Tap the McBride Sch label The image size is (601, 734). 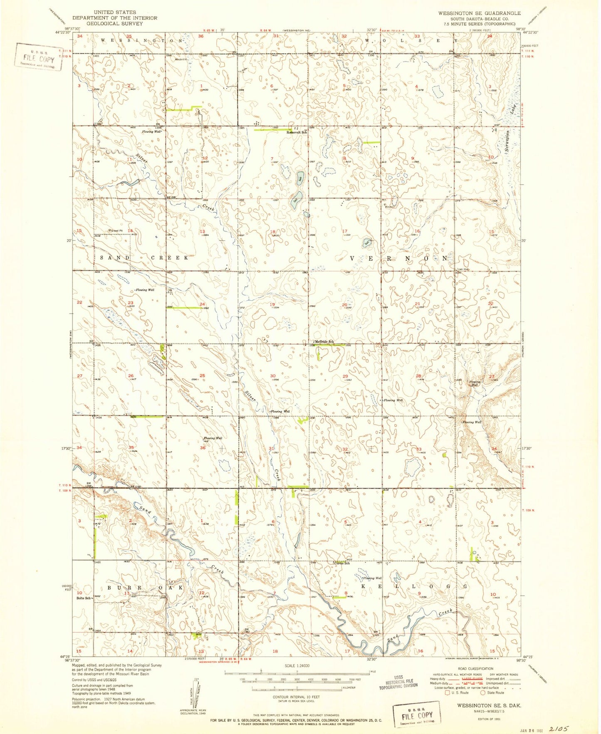click(x=324, y=342)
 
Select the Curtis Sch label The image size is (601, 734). click(x=341, y=563)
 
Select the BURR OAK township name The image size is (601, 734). click(x=145, y=588)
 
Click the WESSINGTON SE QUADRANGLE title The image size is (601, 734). click(x=479, y=13)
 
